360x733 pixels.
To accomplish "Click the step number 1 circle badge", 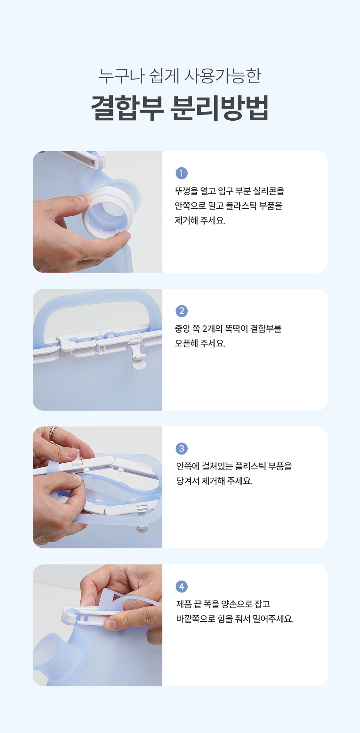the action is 181,173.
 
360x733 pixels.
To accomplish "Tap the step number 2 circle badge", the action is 181,311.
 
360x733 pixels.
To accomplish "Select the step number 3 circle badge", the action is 181,448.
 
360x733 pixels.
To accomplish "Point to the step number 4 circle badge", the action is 181,586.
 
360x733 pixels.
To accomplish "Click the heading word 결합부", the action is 127,108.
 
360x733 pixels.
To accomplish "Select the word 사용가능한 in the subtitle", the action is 223,76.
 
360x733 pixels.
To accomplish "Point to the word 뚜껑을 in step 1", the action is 187,191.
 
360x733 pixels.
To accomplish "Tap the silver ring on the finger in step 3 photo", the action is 53,434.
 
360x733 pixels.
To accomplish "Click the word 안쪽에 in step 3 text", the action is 188,466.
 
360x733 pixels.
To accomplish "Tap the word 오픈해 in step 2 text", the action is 187,343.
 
